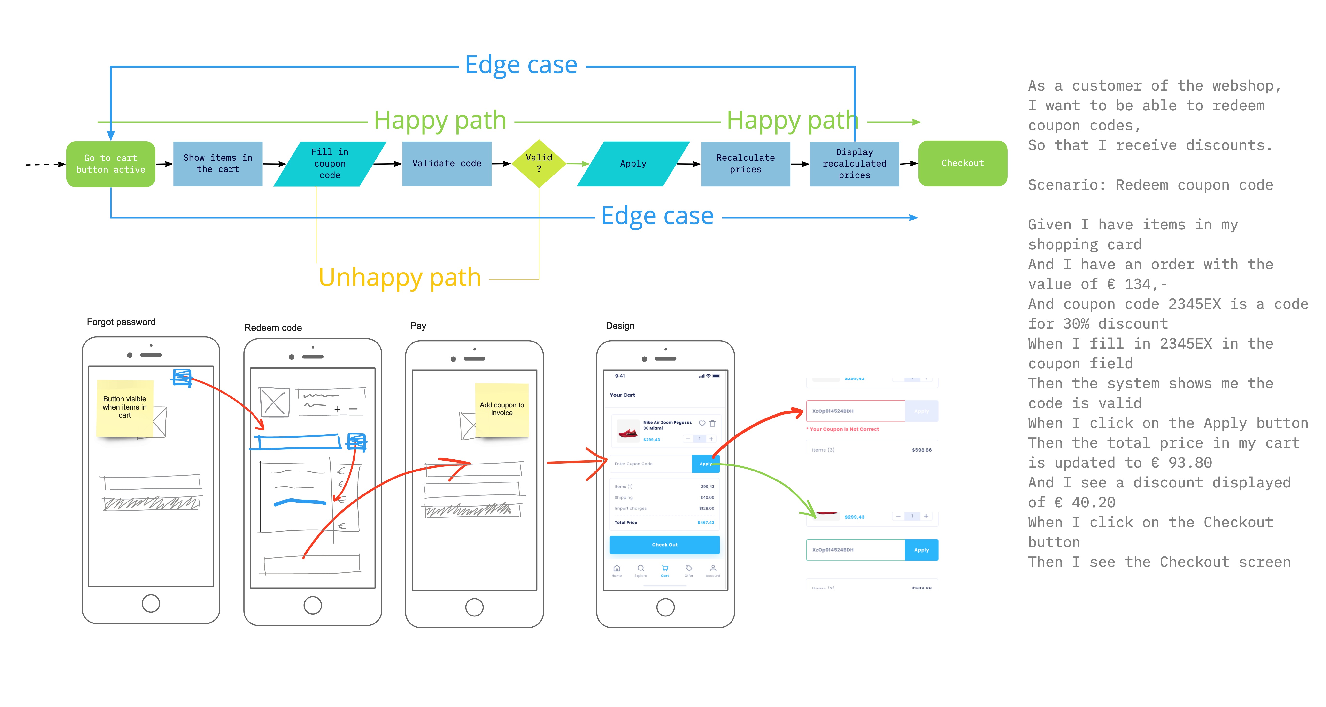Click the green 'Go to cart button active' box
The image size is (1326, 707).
click(x=111, y=164)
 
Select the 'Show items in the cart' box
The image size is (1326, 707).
click(x=218, y=164)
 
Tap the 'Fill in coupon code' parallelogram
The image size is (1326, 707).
click(x=329, y=164)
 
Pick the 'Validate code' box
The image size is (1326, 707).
click(x=446, y=164)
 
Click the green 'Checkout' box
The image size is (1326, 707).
click(x=962, y=163)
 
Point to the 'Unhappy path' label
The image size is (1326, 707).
click(x=400, y=278)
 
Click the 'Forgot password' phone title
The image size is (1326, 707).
click(x=121, y=322)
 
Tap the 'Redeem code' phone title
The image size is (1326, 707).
click(x=273, y=328)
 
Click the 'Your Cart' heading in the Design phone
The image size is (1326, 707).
click(x=622, y=395)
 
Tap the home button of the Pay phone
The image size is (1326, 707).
click(x=474, y=607)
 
